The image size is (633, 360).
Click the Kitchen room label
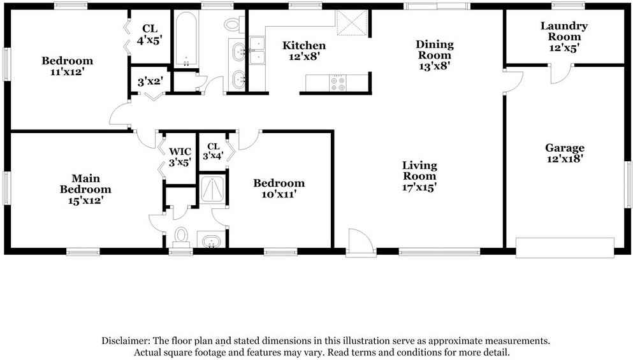(304, 46)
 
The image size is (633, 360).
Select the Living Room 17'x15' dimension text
(419, 187)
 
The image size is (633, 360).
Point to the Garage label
(564, 148)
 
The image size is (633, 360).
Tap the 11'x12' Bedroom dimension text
(67, 72)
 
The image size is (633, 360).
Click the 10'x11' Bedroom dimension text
(279, 194)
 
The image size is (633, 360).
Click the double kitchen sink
(257, 50)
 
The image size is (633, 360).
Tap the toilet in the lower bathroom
(182, 235)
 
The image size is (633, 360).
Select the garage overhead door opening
(564, 248)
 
